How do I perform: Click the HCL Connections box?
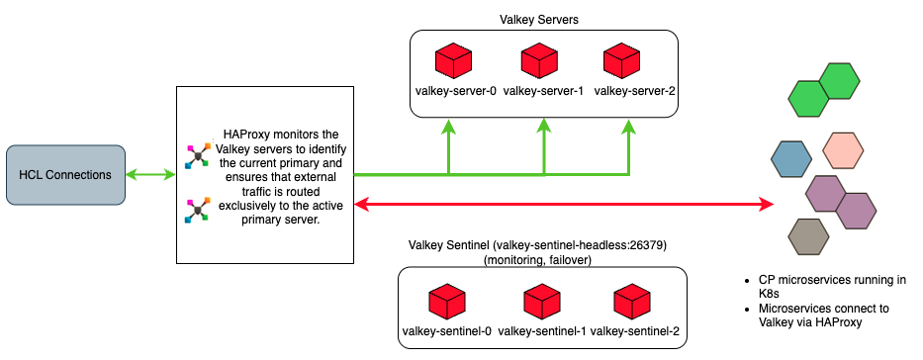[65, 175]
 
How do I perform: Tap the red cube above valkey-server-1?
[542, 62]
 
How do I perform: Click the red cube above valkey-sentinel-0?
[447, 301]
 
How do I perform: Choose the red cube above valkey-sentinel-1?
[541, 301]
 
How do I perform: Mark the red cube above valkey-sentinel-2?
[633, 301]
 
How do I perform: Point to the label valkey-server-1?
[543, 92]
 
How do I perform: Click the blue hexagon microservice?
[792, 157]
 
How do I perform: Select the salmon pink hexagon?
[844, 150]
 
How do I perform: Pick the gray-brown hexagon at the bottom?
[808, 236]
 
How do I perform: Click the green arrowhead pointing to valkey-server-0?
[448, 127]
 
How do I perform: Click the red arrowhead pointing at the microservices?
[766, 205]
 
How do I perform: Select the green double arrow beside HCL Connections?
[150, 175]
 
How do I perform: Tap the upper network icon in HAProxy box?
[198, 155]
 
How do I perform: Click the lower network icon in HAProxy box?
[198, 209]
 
